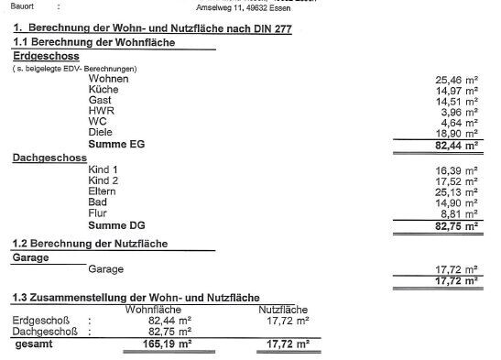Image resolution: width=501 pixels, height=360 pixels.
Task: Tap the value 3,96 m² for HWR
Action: coord(460,111)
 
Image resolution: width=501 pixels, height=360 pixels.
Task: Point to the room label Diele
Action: coord(101,132)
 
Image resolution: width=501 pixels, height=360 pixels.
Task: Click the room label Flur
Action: coord(98,213)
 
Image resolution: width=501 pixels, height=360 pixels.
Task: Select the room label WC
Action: coord(98,121)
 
